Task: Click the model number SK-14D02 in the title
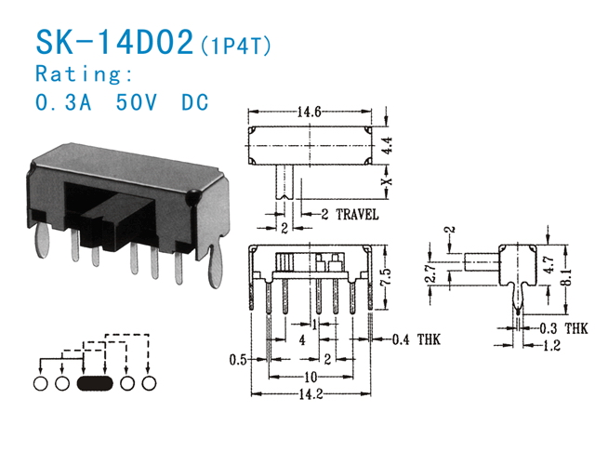(114, 42)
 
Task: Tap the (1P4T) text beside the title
(235, 46)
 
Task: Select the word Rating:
(84, 73)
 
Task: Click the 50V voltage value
(137, 101)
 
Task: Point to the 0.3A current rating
(63, 101)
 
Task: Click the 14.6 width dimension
(309, 112)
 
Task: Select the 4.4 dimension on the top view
(387, 145)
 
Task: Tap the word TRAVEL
(357, 215)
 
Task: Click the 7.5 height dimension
(386, 277)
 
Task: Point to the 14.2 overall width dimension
(311, 394)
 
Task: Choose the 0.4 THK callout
(416, 339)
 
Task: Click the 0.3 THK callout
(563, 328)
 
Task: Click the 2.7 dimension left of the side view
(430, 272)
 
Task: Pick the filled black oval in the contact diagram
(95, 383)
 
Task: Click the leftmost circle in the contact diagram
(41, 383)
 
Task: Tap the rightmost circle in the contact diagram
(149, 383)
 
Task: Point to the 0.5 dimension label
(238, 360)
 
